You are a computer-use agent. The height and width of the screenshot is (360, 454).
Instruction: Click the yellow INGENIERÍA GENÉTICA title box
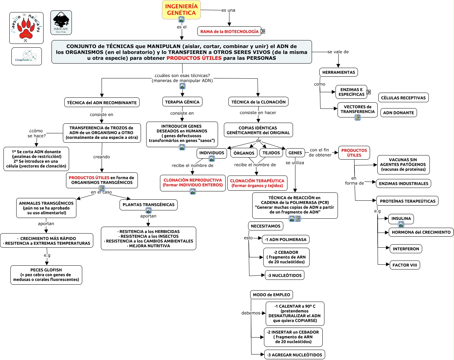point(181,10)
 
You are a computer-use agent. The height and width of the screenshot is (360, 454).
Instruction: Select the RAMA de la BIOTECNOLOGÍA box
point(229,31)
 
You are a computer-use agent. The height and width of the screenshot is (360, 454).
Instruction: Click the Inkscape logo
point(61,22)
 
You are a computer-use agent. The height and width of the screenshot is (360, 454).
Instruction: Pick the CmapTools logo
point(27,56)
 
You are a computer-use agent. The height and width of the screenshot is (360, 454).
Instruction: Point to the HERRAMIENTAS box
point(338,72)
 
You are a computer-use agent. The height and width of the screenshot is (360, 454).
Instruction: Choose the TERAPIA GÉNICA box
point(182,102)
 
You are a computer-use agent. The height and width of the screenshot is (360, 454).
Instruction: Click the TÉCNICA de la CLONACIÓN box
point(258,102)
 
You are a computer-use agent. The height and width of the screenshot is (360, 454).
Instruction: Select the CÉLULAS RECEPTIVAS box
point(403,97)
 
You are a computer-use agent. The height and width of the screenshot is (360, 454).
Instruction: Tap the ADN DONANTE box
point(398,113)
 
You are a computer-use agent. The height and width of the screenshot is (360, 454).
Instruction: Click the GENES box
point(295,153)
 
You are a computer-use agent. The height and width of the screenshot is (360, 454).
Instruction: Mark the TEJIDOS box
point(271,153)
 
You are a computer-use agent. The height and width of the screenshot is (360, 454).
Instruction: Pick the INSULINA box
point(401,218)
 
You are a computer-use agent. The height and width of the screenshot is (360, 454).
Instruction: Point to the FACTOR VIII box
point(405,265)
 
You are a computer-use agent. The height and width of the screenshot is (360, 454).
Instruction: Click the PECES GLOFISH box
point(46,275)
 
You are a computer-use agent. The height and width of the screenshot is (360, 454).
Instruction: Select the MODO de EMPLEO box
point(271,295)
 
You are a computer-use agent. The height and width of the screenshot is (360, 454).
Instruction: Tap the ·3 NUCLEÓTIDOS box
point(284,275)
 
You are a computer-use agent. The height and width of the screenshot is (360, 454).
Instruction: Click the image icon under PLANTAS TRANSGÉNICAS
point(149,210)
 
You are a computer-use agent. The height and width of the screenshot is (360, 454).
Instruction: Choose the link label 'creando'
point(102,157)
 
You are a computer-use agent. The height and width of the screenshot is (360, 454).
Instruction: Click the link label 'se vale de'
point(338,52)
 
